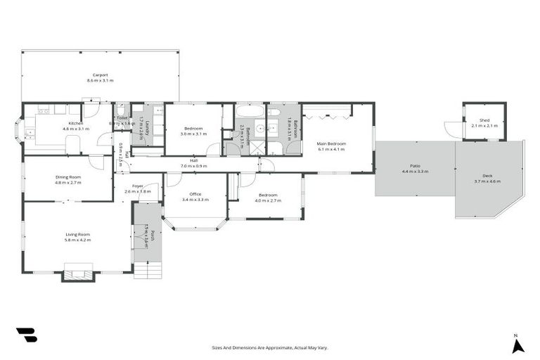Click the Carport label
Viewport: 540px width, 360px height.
100,75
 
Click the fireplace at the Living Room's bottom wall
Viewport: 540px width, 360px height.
77,274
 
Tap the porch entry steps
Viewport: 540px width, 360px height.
147,269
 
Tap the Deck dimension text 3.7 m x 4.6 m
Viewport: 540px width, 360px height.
488,181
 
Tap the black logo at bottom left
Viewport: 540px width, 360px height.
27,335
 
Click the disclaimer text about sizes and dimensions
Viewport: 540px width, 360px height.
270,347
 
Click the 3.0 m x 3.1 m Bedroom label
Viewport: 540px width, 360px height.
194,130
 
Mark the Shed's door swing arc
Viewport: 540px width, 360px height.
453,129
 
